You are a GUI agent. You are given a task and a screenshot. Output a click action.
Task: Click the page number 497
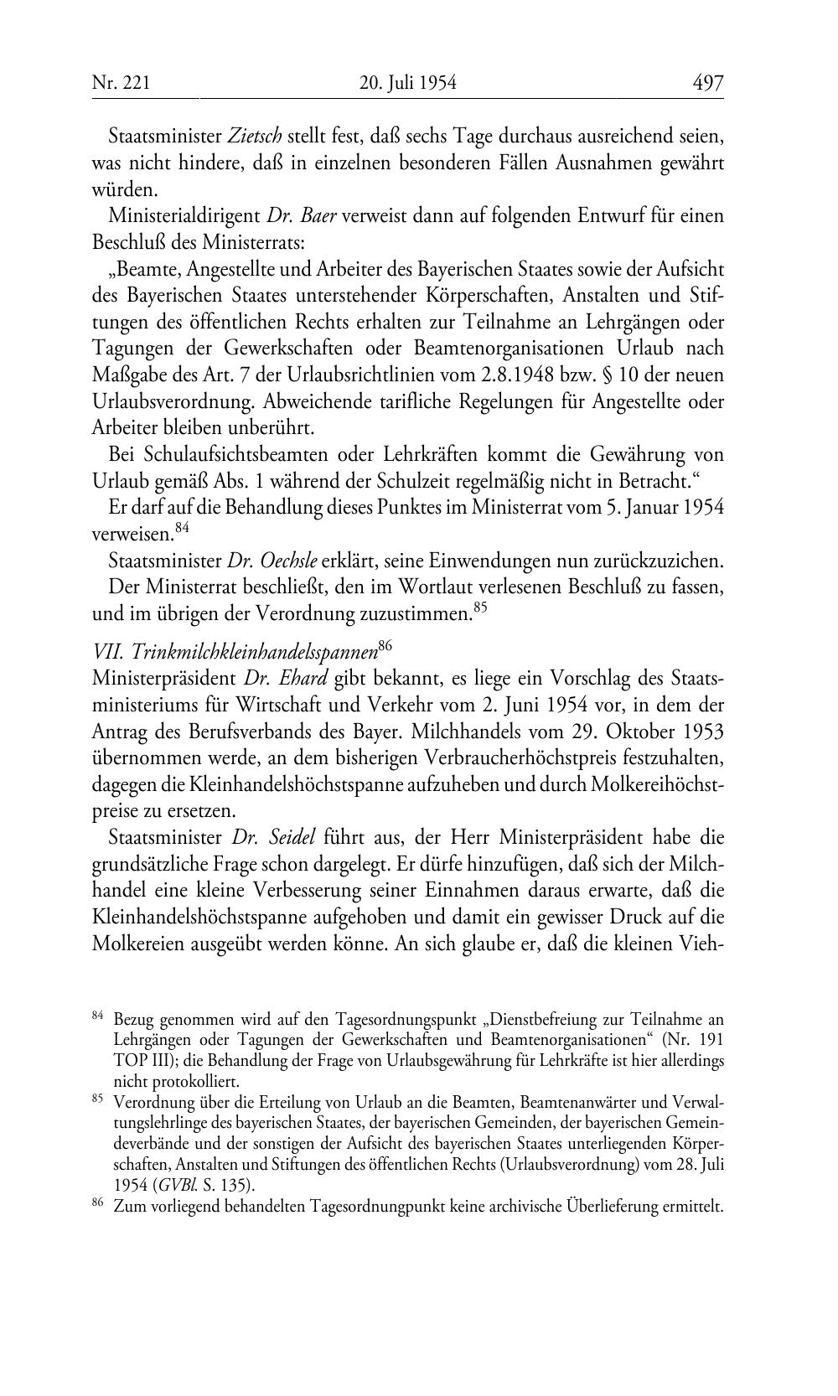(x=707, y=82)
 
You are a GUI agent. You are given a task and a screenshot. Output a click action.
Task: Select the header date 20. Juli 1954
(x=407, y=82)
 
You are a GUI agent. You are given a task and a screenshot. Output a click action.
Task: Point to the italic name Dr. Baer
(x=302, y=215)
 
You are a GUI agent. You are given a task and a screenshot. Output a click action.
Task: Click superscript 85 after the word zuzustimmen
(x=480, y=608)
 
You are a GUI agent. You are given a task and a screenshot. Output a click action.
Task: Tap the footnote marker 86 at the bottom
(x=97, y=1204)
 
